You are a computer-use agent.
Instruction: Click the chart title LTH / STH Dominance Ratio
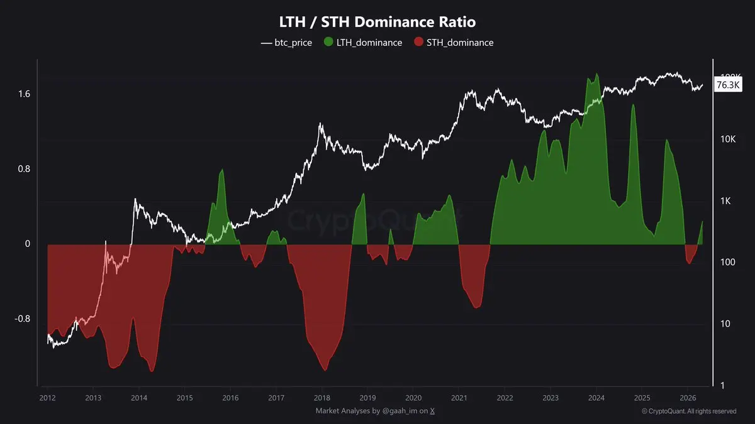point(377,22)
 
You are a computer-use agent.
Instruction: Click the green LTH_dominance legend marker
point(328,43)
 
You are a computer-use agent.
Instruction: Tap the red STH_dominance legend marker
point(419,43)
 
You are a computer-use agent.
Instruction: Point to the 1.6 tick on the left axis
point(23,94)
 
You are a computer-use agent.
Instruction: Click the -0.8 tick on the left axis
point(21,318)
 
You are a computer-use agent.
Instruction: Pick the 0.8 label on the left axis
point(23,169)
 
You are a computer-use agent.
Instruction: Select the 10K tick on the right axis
point(728,139)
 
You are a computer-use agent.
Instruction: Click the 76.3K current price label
point(728,85)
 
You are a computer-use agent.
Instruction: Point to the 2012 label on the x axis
point(47,398)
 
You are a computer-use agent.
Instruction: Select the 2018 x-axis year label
point(322,398)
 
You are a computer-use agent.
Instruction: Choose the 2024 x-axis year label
point(596,398)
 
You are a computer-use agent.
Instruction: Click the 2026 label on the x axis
point(688,398)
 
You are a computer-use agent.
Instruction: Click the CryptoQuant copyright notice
point(689,411)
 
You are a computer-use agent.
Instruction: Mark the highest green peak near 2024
point(596,74)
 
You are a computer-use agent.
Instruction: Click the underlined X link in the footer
point(432,411)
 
